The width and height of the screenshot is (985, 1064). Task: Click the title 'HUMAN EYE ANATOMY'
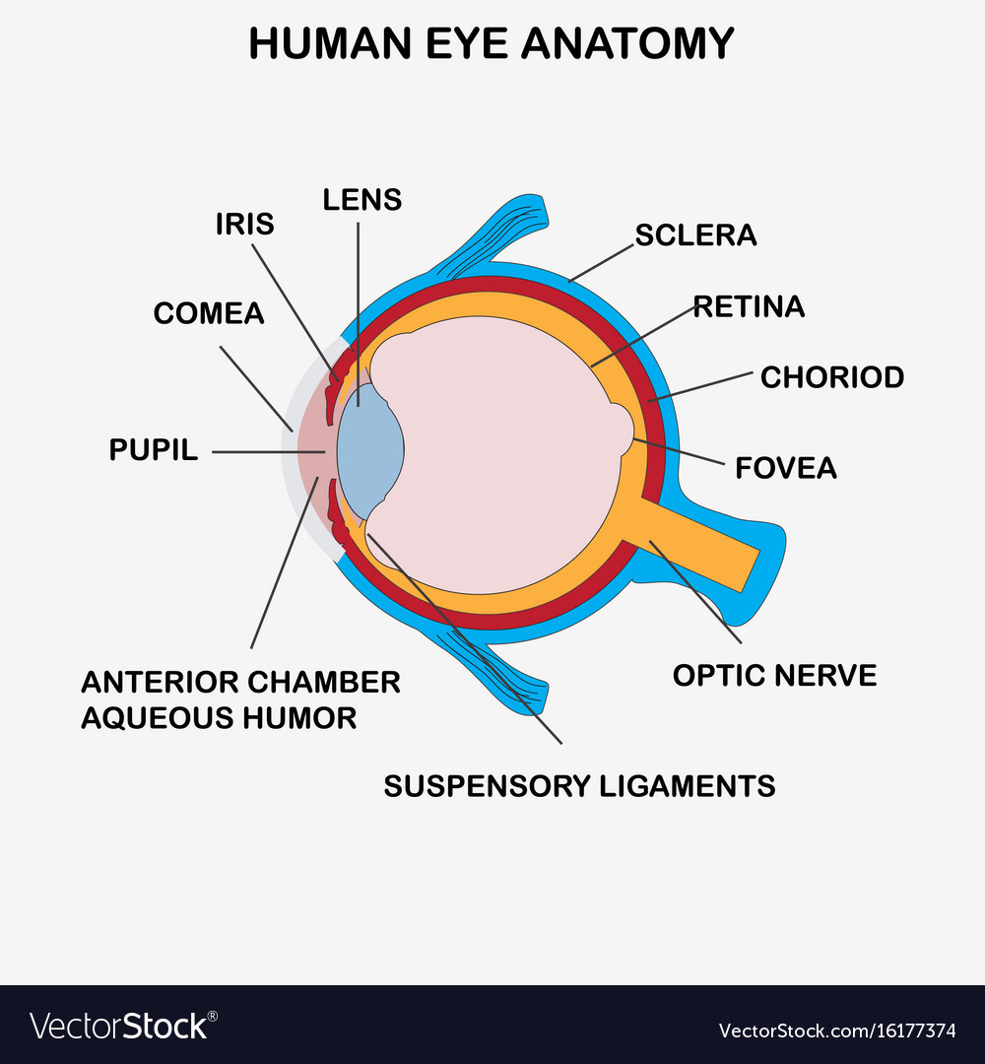[x=492, y=43]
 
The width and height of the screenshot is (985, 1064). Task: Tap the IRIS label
[x=245, y=224]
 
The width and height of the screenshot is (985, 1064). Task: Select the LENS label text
[x=362, y=199]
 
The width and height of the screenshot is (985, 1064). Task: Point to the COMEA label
[x=208, y=313]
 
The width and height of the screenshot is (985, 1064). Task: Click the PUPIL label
[x=154, y=450]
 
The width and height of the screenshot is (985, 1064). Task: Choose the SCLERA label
[x=695, y=235]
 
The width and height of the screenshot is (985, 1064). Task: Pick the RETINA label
[x=749, y=306]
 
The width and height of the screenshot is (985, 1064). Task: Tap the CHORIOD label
[x=832, y=377]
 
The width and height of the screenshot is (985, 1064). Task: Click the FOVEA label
[x=786, y=468]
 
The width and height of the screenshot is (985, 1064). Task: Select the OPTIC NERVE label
[x=775, y=676]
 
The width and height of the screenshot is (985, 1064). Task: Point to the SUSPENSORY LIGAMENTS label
[x=579, y=786]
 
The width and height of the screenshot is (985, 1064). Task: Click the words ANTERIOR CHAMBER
[x=240, y=683]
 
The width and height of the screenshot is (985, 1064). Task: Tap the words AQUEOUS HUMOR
[x=219, y=718]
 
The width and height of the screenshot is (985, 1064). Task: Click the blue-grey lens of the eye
[x=369, y=451]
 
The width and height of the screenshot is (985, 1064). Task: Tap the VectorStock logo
[x=123, y=1026]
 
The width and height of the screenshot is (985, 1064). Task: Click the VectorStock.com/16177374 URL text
[x=837, y=1031]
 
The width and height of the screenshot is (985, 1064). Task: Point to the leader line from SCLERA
[x=601, y=263]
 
